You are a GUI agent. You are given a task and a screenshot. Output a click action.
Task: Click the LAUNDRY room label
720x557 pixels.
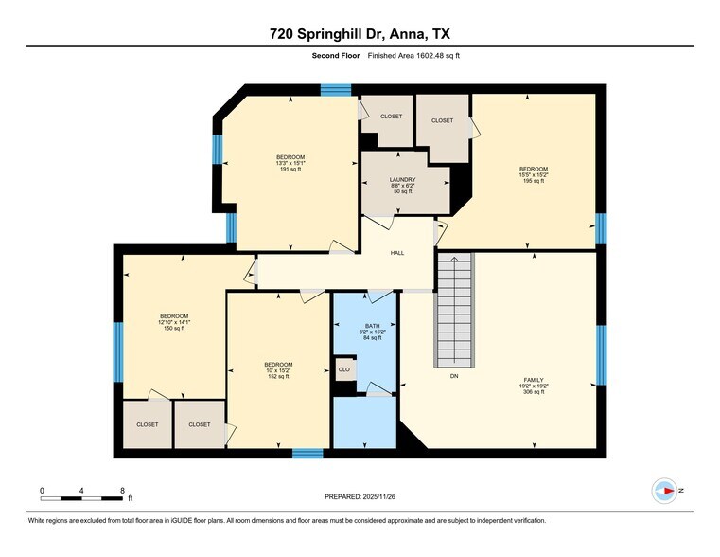(404, 179)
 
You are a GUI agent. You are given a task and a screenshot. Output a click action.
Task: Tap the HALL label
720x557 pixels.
(397, 253)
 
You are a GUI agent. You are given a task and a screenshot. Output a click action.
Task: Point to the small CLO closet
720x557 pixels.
(344, 369)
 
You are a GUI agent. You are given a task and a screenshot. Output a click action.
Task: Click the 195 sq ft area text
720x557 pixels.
(533, 181)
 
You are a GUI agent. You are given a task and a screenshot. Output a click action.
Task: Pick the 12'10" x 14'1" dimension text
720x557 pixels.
(173, 322)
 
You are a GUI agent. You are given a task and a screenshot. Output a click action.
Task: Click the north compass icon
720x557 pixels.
(665, 491)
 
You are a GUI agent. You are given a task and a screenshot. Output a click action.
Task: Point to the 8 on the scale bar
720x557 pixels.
(122, 490)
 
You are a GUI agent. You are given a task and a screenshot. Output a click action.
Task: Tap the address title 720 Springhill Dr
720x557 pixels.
(359, 35)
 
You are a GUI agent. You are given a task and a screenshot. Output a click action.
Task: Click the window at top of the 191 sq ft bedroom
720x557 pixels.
(335, 90)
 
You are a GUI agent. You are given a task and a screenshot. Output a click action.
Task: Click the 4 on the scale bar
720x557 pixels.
(82, 490)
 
